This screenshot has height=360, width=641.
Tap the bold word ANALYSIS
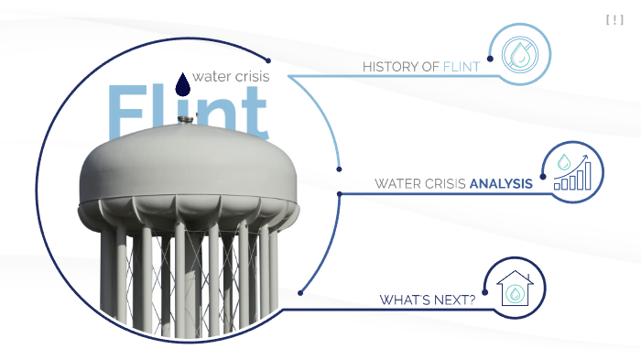[500, 183]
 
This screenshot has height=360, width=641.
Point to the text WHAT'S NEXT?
[428, 300]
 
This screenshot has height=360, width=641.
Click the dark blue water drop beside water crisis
[183, 83]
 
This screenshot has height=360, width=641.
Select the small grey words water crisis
[231, 76]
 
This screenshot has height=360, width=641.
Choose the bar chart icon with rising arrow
[573, 171]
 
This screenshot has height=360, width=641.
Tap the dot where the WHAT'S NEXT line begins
[300, 293]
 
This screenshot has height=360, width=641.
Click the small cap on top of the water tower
[179, 134]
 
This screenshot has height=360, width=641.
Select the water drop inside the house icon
[516, 294]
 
